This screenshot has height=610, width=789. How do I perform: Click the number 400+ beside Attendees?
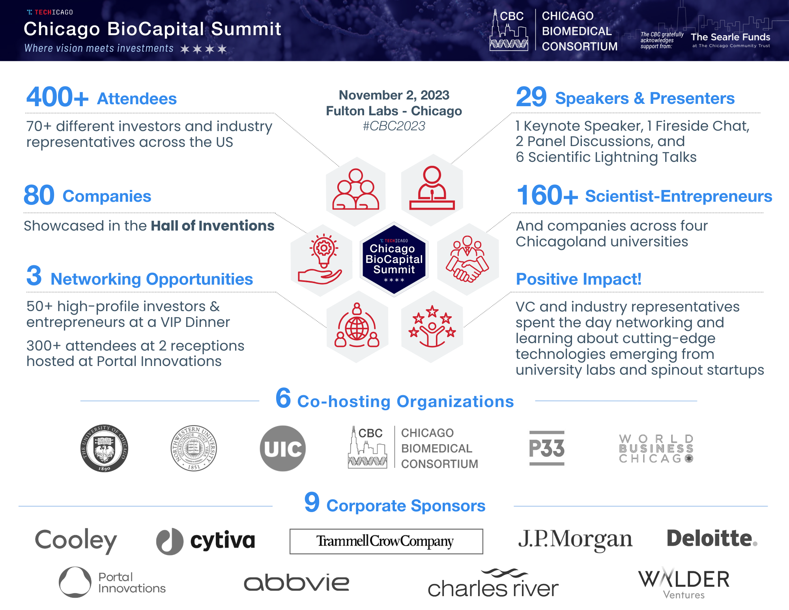pyautogui.click(x=58, y=97)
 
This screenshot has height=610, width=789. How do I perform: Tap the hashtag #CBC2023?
pyautogui.click(x=394, y=126)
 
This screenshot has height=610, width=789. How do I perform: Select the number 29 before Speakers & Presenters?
pyautogui.click(x=531, y=97)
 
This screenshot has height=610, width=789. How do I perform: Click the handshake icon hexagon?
pyautogui.click(x=468, y=259)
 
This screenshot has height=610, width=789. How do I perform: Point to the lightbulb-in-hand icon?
pyautogui.click(x=320, y=259)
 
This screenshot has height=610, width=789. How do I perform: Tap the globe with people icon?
pyautogui.click(x=357, y=325)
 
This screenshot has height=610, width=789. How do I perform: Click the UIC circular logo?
pyautogui.click(x=283, y=449)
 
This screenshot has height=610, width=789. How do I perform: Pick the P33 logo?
pyautogui.click(x=547, y=448)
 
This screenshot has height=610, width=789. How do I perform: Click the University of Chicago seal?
pyautogui.click(x=104, y=449)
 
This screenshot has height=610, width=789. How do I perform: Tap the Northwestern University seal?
pyautogui.click(x=194, y=449)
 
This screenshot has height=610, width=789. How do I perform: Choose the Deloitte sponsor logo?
pyautogui.click(x=712, y=539)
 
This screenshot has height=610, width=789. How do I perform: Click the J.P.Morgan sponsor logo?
pyautogui.click(x=575, y=540)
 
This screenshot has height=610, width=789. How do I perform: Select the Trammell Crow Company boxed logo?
pyautogui.click(x=386, y=541)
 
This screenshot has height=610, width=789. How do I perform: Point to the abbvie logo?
pyautogui.click(x=297, y=582)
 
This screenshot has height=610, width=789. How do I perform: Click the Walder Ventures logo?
pyautogui.click(x=684, y=583)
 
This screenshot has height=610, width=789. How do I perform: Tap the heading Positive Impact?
pyautogui.click(x=579, y=279)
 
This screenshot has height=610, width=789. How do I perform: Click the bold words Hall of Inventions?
pyautogui.click(x=213, y=226)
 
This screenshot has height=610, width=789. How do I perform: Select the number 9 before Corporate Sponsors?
pyautogui.click(x=312, y=502)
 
